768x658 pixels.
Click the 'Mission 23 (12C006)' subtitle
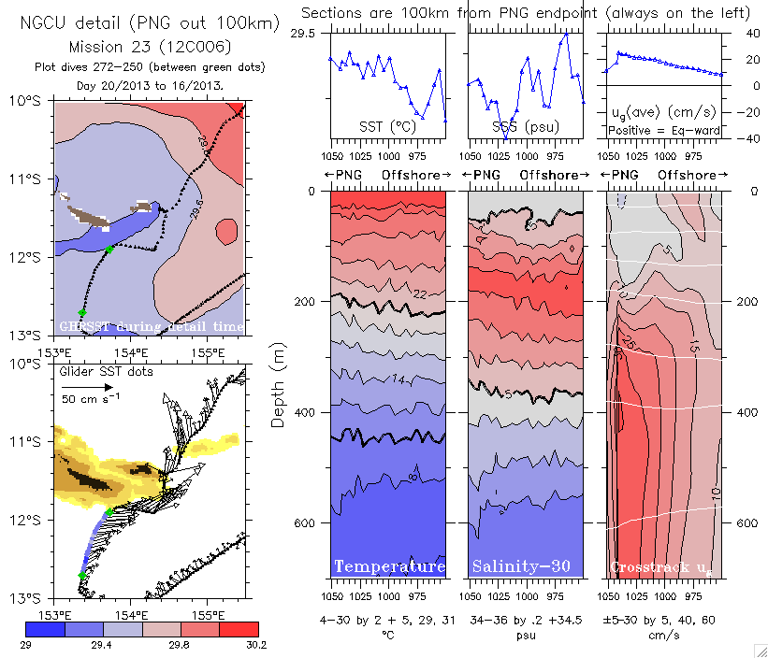(x=151, y=45)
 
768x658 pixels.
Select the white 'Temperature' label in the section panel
(x=389, y=566)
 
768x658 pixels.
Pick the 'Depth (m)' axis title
(x=278, y=385)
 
